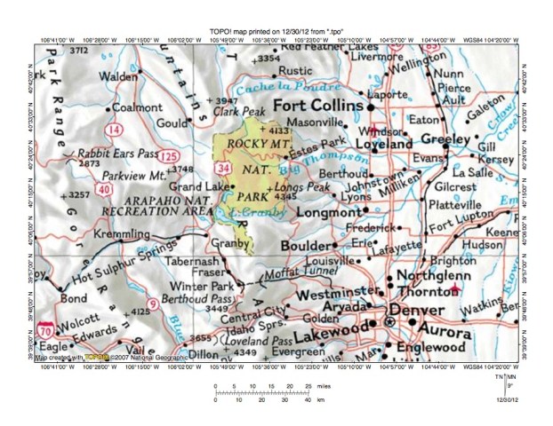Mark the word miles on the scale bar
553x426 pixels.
click(325, 387)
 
